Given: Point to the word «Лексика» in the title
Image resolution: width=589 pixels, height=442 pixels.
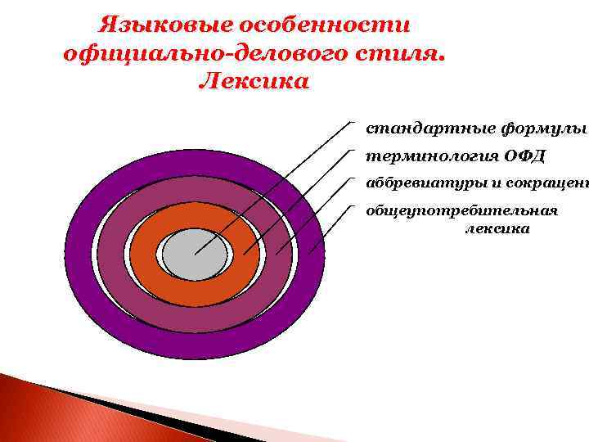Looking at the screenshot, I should pyautogui.click(x=254, y=83).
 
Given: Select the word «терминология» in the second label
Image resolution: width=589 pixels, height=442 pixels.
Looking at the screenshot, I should pyautogui.click(x=426, y=156).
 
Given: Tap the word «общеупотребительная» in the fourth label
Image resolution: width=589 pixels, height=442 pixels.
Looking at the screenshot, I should pyautogui.click(x=461, y=210).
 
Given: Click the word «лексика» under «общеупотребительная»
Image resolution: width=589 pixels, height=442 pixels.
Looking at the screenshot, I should pyautogui.click(x=497, y=229).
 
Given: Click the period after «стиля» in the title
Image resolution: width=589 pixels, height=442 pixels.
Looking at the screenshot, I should pyautogui.click(x=443, y=59).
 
